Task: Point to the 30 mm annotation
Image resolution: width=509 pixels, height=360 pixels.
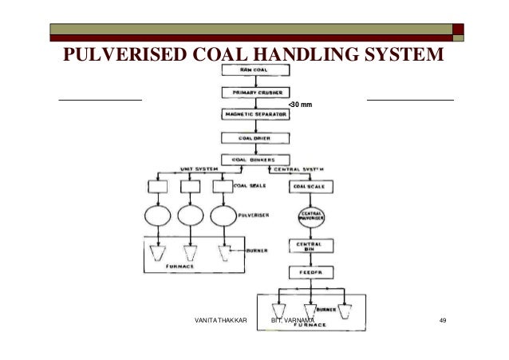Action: (x=300, y=105)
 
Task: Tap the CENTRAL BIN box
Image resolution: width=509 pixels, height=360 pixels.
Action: (x=309, y=246)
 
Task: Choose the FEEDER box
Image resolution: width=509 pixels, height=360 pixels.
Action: (x=309, y=271)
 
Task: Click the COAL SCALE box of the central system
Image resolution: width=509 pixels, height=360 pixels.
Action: (x=309, y=186)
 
